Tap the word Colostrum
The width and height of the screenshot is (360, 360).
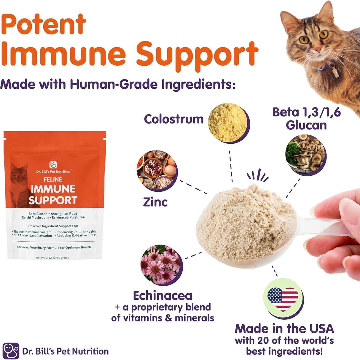tap(174, 119)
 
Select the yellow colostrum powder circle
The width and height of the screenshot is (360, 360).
tap(228, 122)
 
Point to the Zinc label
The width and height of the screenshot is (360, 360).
tap(155, 202)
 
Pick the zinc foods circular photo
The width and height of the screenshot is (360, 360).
tap(156, 169)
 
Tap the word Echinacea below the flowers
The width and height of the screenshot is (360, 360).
tap(163, 296)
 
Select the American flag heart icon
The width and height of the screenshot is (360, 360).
tap(283, 298)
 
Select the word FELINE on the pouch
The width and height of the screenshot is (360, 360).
tap(53, 180)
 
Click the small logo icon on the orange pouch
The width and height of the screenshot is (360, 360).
tap(53, 164)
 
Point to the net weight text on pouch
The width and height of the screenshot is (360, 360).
tap(52, 258)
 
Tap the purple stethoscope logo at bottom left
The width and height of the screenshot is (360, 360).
tap(11, 351)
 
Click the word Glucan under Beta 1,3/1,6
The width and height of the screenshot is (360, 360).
tap(306, 125)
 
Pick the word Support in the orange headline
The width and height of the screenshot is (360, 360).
tap(197, 54)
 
